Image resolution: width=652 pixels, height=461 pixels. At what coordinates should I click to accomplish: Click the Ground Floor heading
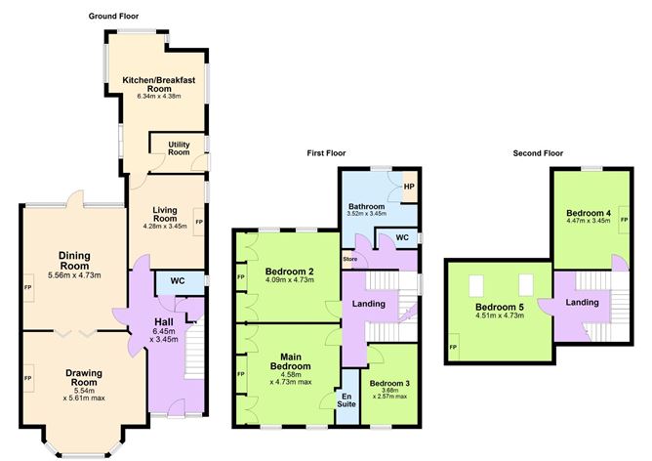coord(115,16)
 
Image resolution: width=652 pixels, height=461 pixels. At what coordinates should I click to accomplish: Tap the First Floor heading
coord(329,153)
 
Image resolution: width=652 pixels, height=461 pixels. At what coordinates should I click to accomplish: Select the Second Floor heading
coord(539,153)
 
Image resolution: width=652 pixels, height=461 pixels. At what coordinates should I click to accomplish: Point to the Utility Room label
coord(178,147)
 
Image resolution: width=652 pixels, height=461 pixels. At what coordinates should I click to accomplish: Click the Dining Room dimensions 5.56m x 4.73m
coord(74,275)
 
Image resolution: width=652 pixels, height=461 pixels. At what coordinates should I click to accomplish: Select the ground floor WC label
coord(177,282)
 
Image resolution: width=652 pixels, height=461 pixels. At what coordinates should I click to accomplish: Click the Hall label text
coord(163,322)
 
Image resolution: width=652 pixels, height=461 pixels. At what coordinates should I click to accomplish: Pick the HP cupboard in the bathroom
coord(409,187)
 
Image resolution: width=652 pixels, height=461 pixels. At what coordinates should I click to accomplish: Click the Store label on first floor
coord(348,259)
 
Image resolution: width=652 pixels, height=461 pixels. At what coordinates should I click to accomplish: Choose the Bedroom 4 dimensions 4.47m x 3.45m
coord(588,221)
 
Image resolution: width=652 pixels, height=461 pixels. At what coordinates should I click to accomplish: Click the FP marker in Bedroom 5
coord(452,347)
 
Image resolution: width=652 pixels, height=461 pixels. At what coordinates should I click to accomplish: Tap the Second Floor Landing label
coord(582,303)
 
